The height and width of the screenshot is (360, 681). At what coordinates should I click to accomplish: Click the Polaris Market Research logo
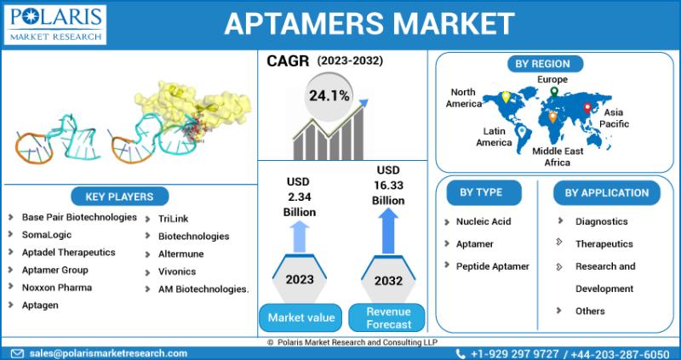point(55,25)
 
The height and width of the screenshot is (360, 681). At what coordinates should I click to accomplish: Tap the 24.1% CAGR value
point(329,96)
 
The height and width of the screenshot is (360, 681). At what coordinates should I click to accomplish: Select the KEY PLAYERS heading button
point(119,197)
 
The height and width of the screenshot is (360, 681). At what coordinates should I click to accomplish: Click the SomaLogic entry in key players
point(47,235)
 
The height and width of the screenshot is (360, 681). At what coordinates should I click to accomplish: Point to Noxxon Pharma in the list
point(57,288)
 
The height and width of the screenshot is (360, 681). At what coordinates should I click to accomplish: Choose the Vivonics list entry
point(177,271)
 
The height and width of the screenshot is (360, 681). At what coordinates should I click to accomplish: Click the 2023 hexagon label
point(300,279)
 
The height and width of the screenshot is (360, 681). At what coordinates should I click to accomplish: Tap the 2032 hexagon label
point(389,280)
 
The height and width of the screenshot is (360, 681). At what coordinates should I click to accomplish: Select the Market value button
point(300,317)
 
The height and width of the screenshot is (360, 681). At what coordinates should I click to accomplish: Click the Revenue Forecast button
point(388,317)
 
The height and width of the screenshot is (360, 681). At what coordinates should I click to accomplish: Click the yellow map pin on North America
point(506,97)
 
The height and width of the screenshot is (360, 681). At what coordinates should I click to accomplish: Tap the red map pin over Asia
point(587,108)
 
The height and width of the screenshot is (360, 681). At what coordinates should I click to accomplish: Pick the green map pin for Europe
point(554,92)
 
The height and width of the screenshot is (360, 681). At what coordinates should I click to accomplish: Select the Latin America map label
point(495,136)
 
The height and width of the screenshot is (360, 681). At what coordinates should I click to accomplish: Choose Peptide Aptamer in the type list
point(493,266)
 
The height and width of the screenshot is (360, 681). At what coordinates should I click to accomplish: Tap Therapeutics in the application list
point(604,244)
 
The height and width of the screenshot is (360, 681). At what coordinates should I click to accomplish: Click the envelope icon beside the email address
point(17,353)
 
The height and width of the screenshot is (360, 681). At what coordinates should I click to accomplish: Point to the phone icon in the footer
point(461,353)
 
